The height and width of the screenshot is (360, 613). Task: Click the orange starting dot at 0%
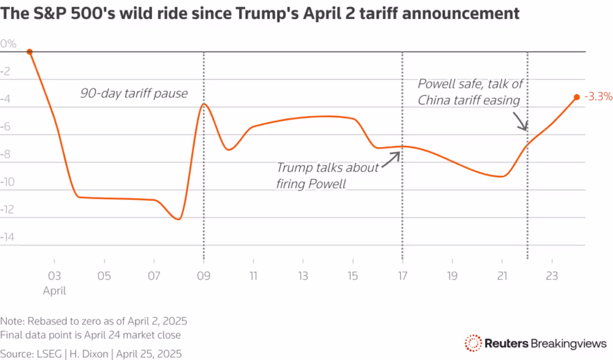point(30,52)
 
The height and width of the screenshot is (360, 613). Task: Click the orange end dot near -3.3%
point(577,97)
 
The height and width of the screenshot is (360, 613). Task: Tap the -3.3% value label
point(599,96)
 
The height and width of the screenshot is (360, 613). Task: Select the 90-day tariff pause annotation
point(134,93)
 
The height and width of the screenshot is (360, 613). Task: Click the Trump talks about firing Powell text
point(327,176)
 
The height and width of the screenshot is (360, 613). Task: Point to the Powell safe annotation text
point(473,92)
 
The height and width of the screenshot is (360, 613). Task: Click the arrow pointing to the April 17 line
point(392,155)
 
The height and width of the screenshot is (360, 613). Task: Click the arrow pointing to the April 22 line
point(520,122)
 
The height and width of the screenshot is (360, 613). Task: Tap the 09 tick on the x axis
point(204,275)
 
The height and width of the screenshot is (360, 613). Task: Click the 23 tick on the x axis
point(551,275)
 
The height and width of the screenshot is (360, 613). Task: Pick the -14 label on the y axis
point(8,237)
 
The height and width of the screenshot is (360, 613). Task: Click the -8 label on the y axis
point(8,154)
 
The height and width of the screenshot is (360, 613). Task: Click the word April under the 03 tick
point(55,290)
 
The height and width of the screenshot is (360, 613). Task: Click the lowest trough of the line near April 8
point(178,219)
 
